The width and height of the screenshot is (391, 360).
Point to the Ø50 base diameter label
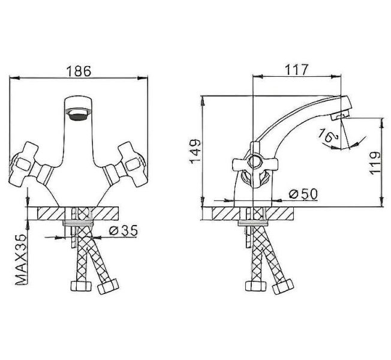(x=303, y=194)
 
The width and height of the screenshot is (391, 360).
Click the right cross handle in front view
(x=133, y=158)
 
